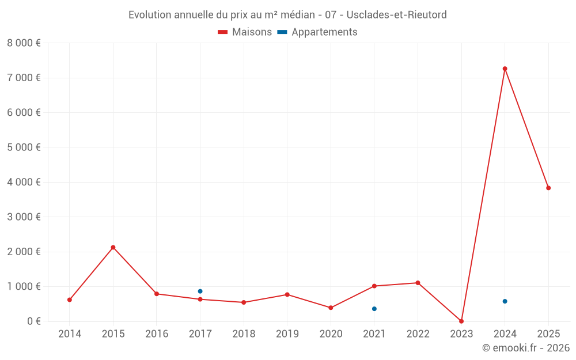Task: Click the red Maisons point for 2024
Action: click(505, 69)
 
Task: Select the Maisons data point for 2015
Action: click(113, 247)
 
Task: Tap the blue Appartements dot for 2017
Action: click(200, 291)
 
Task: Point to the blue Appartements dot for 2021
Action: click(374, 309)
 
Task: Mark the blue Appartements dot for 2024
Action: click(505, 301)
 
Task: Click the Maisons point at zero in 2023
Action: click(461, 321)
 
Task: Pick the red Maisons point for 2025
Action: click(548, 188)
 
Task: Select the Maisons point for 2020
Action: click(331, 308)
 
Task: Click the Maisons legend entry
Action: click(245, 32)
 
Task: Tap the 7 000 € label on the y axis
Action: click(24, 78)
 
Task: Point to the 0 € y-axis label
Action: click(32, 321)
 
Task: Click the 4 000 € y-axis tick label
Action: click(24, 182)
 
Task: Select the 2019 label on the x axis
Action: click(287, 334)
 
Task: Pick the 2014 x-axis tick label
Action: click(70, 334)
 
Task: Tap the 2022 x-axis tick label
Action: click(418, 334)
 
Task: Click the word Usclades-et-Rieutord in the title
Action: click(396, 15)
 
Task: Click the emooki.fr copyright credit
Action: click(525, 348)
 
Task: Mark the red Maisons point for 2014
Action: click(70, 300)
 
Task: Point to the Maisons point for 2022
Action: click(418, 283)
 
